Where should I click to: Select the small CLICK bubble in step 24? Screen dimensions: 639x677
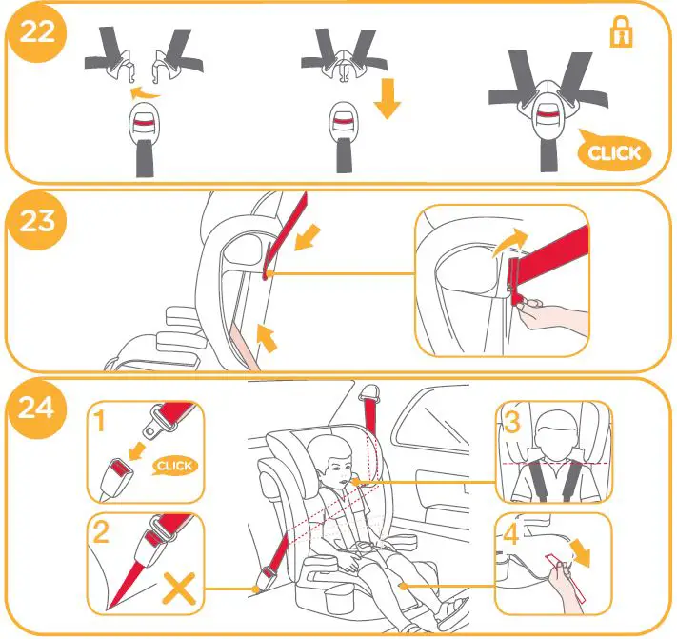(x=174, y=466)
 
